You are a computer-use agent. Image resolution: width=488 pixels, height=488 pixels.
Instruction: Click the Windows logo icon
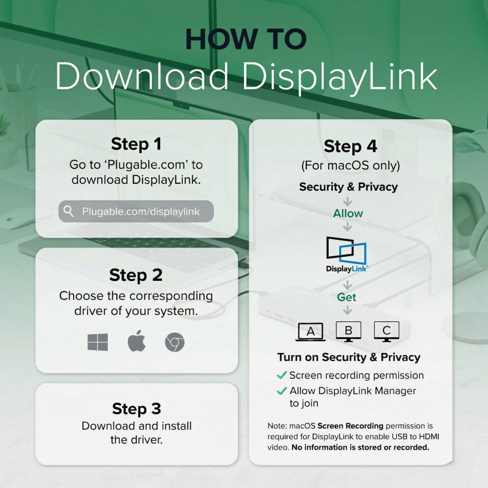[97, 342]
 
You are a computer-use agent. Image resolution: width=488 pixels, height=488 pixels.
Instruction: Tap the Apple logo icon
[137, 341]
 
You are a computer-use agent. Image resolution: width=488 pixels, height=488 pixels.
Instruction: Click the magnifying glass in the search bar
[69, 211]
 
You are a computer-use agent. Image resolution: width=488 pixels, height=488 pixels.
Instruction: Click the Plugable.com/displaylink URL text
[141, 211]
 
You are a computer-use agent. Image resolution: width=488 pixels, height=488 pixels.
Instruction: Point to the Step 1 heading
[136, 144]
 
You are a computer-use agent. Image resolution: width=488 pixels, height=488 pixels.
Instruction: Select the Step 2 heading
[136, 275]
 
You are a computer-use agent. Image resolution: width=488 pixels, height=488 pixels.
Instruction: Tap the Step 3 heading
[136, 409]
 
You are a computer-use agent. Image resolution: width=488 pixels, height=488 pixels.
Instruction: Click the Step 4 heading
[350, 147]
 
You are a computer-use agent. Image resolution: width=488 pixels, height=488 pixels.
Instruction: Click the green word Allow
[348, 213]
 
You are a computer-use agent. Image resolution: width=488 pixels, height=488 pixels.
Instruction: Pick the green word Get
[346, 297]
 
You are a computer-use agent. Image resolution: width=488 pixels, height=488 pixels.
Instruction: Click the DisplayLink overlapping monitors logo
[346, 254]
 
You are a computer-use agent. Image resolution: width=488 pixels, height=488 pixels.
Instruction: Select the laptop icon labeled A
[311, 332]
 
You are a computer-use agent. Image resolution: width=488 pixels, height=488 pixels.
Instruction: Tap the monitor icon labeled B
[349, 332]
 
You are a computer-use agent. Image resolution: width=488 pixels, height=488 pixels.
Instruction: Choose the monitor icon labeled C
[386, 332]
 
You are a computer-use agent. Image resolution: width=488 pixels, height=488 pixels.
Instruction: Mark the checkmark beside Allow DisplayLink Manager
[282, 391]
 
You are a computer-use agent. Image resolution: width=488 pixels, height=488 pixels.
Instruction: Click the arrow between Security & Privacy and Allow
[348, 202]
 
